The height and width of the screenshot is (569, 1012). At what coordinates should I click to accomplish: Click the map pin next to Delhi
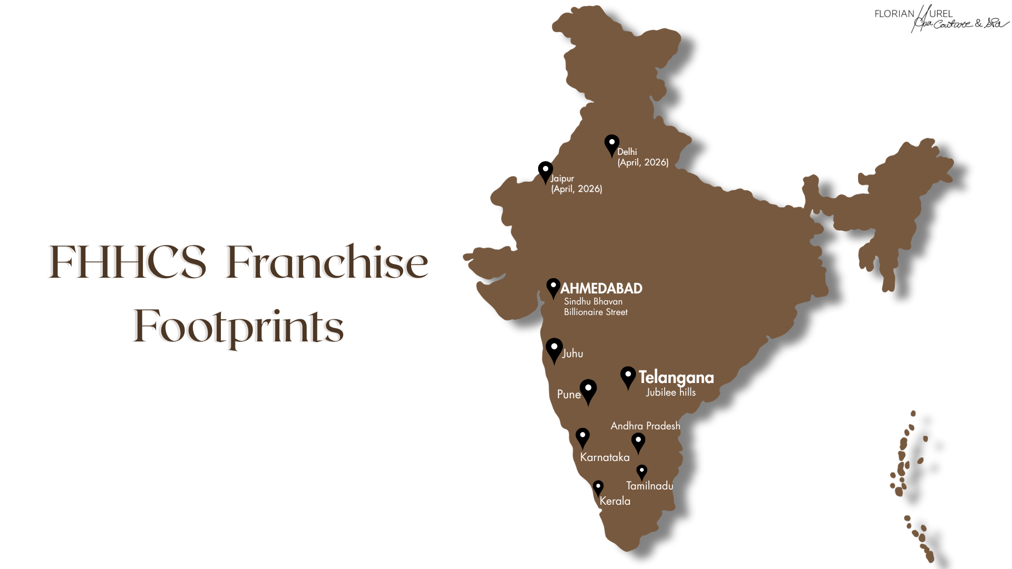(x=611, y=144)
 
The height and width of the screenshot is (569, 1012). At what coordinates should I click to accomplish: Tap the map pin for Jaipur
(x=545, y=171)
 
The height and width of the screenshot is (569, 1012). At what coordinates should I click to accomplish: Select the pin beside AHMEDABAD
(x=553, y=288)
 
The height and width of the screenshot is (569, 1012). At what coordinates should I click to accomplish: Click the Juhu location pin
(x=554, y=349)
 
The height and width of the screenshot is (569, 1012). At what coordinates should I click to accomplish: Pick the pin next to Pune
(x=588, y=391)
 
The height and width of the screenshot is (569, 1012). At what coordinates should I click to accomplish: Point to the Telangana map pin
(x=628, y=377)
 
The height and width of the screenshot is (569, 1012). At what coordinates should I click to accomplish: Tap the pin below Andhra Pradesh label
(x=638, y=442)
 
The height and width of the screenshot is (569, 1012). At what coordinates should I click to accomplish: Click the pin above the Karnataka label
(x=582, y=437)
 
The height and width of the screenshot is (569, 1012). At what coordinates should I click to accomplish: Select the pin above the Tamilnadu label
(x=641, y=472)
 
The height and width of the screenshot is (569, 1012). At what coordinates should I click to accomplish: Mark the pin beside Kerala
(x=598, y=487)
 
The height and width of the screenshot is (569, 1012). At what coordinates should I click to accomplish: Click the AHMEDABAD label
(x=601, y=289)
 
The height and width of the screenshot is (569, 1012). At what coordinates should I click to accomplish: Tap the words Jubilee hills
(x=670, y=393)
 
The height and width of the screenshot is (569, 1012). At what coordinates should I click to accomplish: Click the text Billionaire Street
(x=596, y=312)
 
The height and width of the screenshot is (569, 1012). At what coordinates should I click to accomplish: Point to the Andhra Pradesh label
(x=645, y=426)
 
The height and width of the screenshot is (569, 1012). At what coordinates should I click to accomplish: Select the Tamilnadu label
(x=649, y=486)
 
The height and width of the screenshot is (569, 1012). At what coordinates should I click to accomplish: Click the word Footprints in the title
(x=238, y=327)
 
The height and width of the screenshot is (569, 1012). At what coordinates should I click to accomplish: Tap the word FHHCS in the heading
(x=128, y=262)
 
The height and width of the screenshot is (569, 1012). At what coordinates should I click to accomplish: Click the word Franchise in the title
(x=327, y=262)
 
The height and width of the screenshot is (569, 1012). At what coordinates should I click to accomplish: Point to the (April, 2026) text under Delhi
(x=643, y=163)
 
